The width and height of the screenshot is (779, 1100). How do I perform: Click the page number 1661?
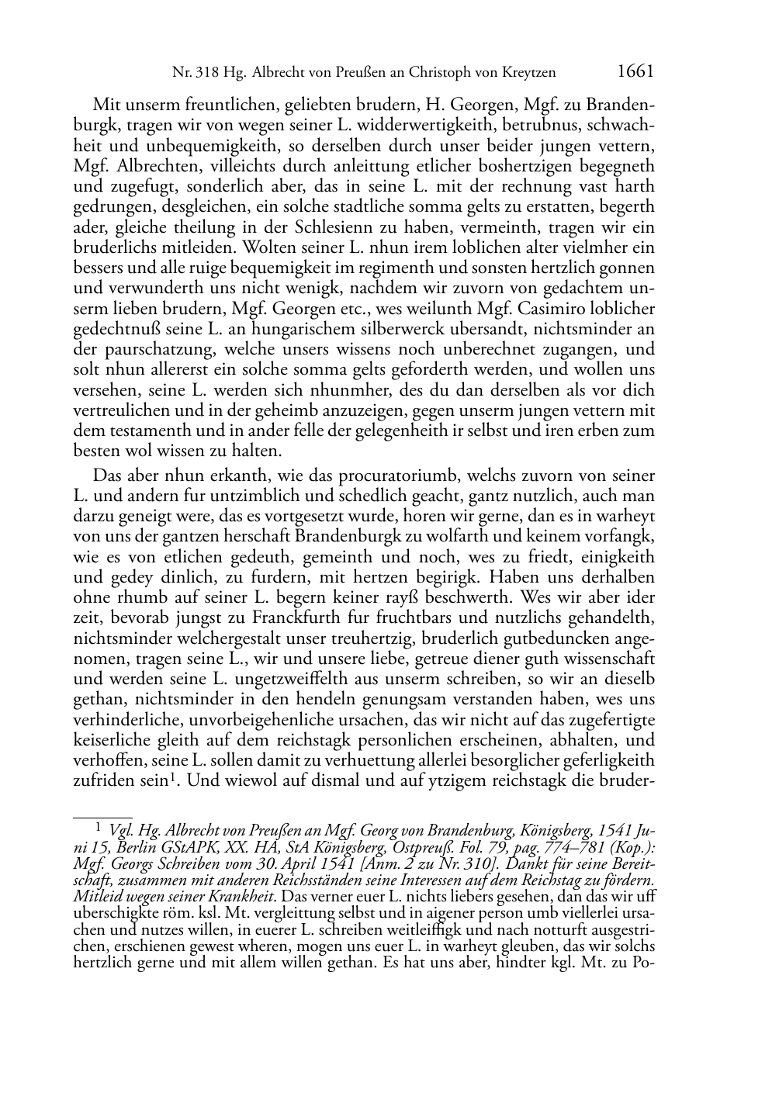tap(635, 71)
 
